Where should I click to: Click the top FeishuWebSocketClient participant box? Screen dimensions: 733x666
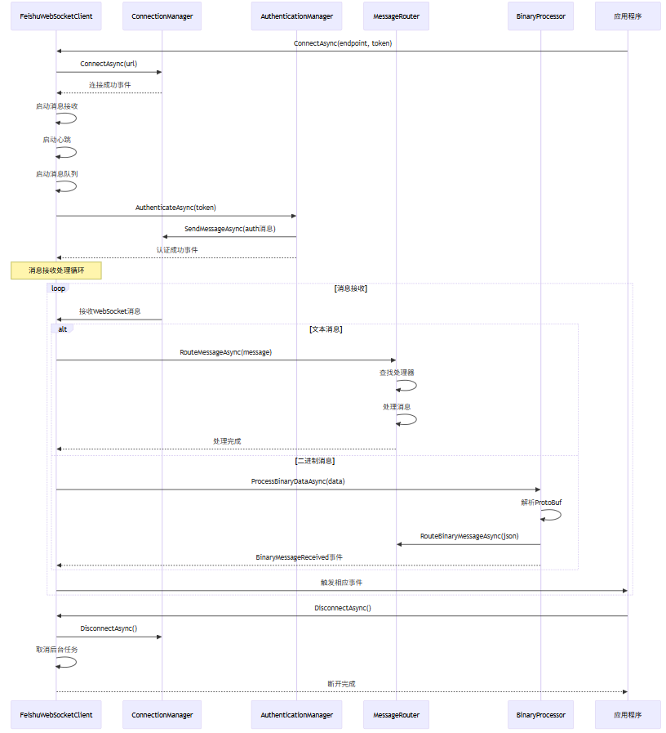pos(56,16)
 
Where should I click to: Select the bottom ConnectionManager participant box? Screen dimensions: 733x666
pos(162,714)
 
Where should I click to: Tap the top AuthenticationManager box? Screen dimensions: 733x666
pos(296,16)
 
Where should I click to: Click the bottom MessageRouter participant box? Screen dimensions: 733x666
pos(396,714)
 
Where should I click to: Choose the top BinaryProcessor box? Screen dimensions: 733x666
pos(540,16)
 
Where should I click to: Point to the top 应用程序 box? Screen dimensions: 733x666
pos(628,16)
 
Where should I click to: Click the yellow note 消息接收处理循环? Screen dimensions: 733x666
pos(56,270)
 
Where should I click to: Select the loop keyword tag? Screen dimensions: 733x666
pos(58,288)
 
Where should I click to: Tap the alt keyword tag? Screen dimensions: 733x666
pos(63,329)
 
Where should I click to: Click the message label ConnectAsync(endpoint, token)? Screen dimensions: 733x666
pos(343,43)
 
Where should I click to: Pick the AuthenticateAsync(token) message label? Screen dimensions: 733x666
pos(175,208)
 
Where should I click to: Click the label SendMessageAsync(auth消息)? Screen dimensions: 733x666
pos(229,229)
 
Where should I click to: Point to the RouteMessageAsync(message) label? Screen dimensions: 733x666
pos(225,352)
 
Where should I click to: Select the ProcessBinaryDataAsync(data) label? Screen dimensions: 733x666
pos(298,481)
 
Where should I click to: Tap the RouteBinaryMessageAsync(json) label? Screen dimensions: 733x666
pos(468,536)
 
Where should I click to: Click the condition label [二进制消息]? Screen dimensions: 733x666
pos(315,461)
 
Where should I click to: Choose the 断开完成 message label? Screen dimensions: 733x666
pos(341,683)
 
